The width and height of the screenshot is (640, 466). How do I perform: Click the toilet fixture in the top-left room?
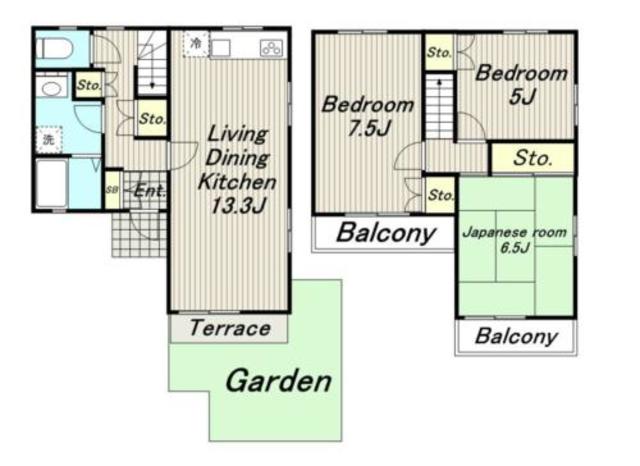[x=54, y=49]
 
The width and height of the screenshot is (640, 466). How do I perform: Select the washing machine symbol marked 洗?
[x=49, y=140]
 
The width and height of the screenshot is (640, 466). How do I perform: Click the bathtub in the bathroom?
[x=52, y=183]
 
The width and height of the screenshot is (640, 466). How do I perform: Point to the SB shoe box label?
[x=111, y=190]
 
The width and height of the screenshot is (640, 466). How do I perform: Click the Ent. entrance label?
[x=150, y=191]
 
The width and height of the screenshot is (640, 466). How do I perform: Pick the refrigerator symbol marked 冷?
[x=196, y=43]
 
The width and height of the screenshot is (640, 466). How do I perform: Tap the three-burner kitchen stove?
[x=271, y=48]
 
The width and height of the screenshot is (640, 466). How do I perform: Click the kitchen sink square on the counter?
[x=221, y=48]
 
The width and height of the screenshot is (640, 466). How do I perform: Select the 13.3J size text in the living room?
[x=238, y=205]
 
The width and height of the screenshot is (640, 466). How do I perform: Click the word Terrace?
[x=230, y=328]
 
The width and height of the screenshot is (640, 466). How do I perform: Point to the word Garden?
[x=278, y=381]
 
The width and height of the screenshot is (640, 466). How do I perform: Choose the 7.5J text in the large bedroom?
[x=369, y=128]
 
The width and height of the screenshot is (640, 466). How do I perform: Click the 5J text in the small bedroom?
[x=522, y=96]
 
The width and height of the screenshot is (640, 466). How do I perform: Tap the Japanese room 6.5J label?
[x=515, y=240]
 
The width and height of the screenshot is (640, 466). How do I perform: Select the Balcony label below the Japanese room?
[x=516, y=337]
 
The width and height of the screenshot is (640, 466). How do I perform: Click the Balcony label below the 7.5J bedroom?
[x=386, y=233]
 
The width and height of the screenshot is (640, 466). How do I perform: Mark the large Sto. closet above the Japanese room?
[x=532, y=158]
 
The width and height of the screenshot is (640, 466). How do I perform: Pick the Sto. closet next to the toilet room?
[x=89, y=85]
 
